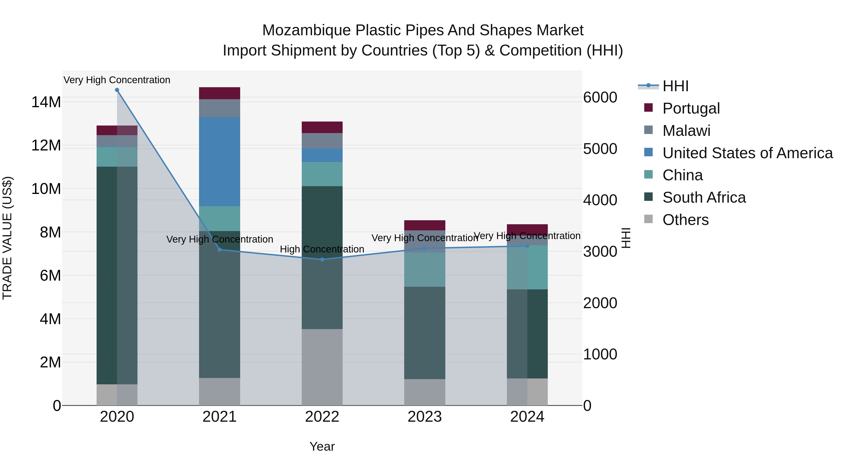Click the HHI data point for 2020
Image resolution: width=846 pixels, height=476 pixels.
[x=117, y=90]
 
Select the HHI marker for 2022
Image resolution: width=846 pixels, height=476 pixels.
[x=322, y=260]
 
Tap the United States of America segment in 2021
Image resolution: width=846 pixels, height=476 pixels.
[x=219, y=162]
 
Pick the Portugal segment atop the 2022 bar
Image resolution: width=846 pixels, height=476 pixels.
[x=322, y=127]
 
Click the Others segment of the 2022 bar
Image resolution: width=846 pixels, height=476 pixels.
[x=322, y=367]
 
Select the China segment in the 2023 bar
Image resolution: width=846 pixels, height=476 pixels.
[x=425, y=269]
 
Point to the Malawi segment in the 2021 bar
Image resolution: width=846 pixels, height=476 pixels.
[x=219, y=108]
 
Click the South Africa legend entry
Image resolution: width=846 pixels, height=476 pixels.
[x=704, y=197]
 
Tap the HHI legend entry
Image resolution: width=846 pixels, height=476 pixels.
[x=675, y=86]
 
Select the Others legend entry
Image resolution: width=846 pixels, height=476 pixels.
[x=685, y=220]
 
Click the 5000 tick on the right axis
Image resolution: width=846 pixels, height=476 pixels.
[x=600, y=149]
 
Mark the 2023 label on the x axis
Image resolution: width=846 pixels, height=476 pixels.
[x=425, y=417]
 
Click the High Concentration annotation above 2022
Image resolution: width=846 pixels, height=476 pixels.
[x=322, y=249]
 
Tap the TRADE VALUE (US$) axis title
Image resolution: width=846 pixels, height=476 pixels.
[x=7, y=238]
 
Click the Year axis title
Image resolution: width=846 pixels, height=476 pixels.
[x=322, y=446]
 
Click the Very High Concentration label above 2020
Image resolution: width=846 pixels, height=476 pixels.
[x=117, y=80]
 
